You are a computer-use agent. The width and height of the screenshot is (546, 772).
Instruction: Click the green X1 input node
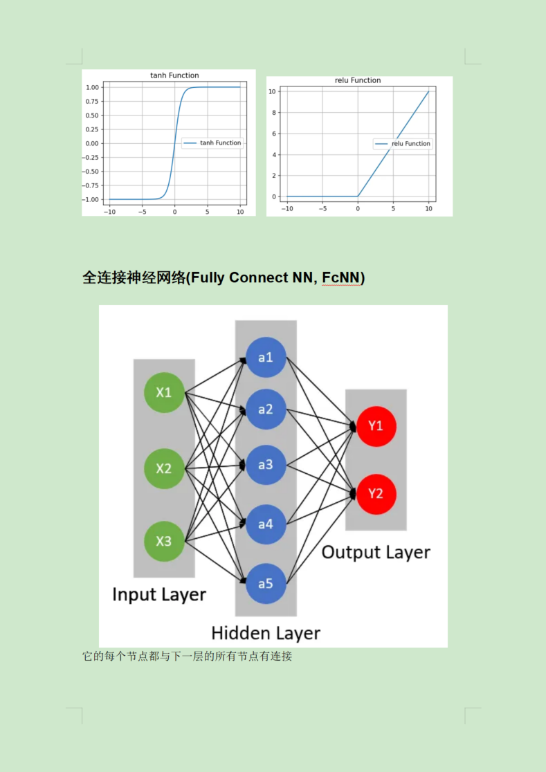pyautogui.click(x=163, y=392)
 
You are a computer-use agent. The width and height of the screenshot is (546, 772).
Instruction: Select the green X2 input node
pyautogui.click(x=163, y=468)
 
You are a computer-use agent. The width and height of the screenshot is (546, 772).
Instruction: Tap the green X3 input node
pyautogui.click(x=163, y=541)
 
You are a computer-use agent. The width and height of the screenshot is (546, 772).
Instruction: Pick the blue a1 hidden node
pyautogui.click(x=266, y=358)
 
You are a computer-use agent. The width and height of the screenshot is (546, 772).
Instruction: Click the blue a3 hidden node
pyautogui.click(x=266, y=465)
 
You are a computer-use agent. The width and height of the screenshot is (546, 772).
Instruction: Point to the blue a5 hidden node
pyautogui.click(x=266, y=583)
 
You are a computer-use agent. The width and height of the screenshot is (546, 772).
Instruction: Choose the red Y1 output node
pyautogui.click(x=376, y=426)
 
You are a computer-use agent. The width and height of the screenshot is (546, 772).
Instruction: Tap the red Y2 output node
pyautogui.click(x=376, y=493)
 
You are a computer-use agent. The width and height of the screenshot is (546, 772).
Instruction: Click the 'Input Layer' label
pyautogui.click(x=159, y=595)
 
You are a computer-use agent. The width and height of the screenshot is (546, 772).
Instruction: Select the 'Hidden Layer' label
pyautogui.click(x=266, y=633)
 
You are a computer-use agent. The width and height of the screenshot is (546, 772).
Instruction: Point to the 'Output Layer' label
pyautogui.click(x=376, y=552)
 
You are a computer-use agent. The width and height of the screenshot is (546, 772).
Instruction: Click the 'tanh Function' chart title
pyautogui.click(x=174, y=75)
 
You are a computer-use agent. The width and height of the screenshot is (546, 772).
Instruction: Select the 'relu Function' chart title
pyautogui.click(x=357, y=80)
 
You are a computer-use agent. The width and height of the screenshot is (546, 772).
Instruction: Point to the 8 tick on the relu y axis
pyautogui.click(x=273, y=113)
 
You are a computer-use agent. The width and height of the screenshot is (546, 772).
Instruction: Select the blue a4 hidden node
pyautogui.click(x=266, y=524)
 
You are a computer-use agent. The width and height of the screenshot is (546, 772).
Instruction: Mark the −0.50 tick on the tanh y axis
pyautogui.click(x=92, y=172)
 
